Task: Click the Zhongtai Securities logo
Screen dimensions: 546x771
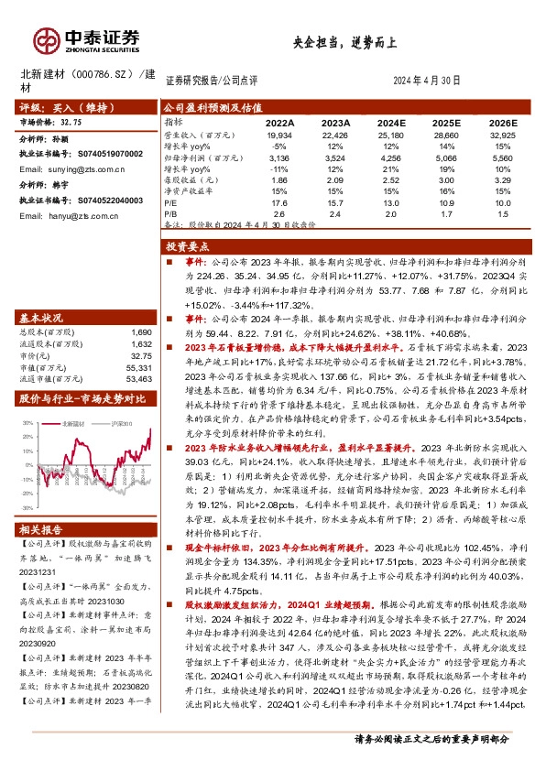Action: pos(87,38)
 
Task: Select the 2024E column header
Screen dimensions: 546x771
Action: pos(391,122)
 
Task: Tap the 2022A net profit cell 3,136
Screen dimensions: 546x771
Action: pos(279,157)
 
